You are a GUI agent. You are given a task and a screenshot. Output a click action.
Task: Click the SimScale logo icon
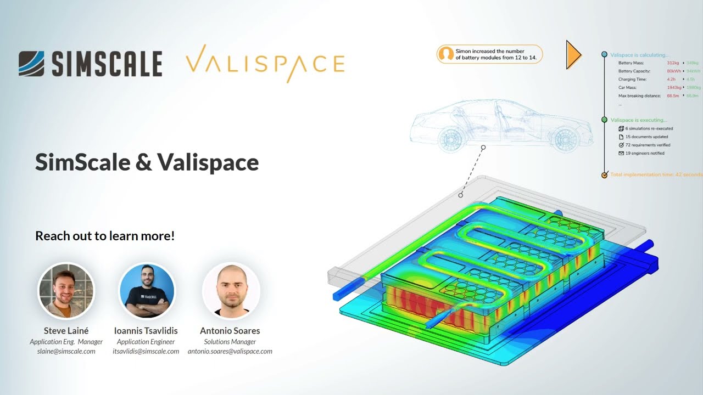tap(31, 63)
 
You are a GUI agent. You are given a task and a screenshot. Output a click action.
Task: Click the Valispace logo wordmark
tap(265, 63)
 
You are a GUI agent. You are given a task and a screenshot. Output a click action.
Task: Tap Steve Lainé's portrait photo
tap(66, 291)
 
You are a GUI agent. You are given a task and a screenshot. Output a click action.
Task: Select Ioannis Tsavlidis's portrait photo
tap(147, 291)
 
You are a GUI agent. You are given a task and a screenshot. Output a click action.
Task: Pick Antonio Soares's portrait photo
tap(231, 291)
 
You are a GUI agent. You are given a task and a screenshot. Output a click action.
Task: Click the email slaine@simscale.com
tap(66, 351)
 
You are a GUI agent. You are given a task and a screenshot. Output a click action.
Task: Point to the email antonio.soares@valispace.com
tap(230, 351)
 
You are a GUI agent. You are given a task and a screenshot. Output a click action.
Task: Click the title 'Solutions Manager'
tap(230, 342)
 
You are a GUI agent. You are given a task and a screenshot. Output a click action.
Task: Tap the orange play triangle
tap(573, 54)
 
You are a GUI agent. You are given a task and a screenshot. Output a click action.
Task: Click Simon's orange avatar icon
tap(447, 54)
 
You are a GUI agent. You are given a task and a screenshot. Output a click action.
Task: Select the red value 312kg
tap(673, 63)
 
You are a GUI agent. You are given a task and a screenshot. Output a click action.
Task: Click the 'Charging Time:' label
tap(632, 80)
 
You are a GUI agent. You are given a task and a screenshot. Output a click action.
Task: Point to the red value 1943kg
tap(674, 88)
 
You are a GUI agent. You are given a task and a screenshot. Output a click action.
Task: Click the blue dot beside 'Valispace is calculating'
tap(605, 55)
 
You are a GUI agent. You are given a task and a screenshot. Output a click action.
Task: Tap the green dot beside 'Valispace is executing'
tap(605, 120)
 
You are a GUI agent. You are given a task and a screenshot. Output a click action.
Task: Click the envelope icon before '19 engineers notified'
tap(621, 154)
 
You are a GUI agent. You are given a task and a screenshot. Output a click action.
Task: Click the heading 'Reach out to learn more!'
tap(105, 236)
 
